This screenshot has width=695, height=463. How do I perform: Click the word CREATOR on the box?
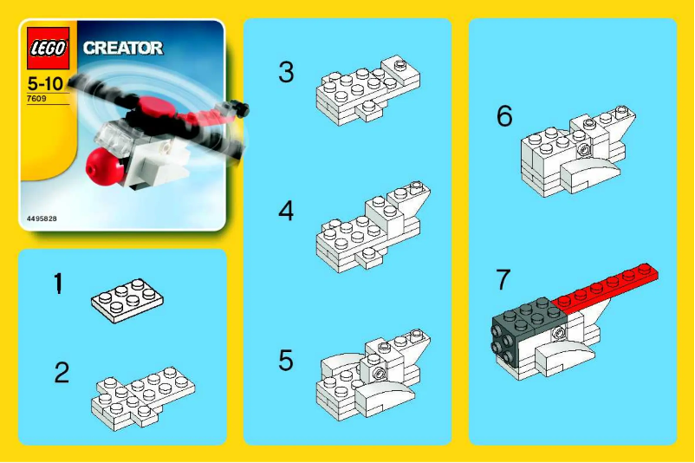(122, 49)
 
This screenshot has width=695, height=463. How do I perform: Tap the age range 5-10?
(45, 86)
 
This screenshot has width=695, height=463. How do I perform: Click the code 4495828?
(42, 218)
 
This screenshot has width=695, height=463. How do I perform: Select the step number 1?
(58, 284)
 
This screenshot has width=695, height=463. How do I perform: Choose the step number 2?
(61, 373)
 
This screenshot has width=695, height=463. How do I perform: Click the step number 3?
(286, 73)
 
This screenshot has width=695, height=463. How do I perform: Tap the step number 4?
(286, 211)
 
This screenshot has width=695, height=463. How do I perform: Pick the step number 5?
(286, 358)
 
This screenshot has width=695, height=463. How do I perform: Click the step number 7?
(503, 280)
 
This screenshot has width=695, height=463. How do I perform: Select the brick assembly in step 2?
(143, 393)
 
